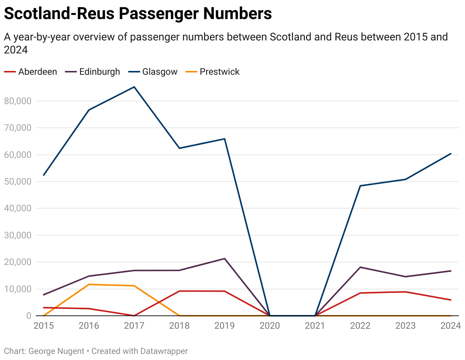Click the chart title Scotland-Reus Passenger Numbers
(138, 14)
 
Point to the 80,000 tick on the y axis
(17, 101)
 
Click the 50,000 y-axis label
(17, 182)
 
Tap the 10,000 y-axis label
(17, 289)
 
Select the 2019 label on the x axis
(224, 326)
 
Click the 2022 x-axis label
(361, 326)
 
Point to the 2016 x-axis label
(89, 326)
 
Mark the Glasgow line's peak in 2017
(134, 87)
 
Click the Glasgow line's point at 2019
(224, 139)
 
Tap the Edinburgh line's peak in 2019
(224, 259)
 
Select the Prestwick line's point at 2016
(89, 284)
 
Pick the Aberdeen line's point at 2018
(179, 291)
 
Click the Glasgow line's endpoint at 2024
(451, 154)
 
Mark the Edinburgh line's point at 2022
(361, 267)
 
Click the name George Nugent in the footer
(56, 351)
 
